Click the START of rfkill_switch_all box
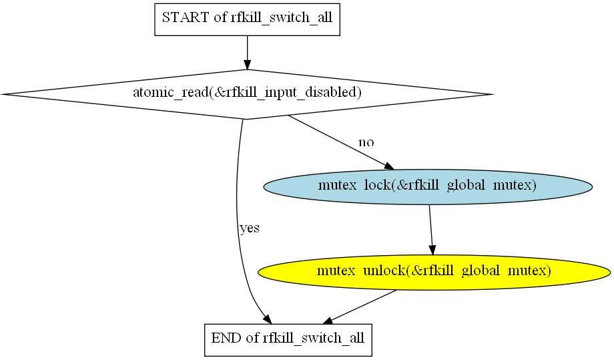click(247, 19)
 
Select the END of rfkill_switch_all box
click(288, 340)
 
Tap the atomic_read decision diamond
click(247, 94)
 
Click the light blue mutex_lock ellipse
click(428, 187)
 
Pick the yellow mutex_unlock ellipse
click(434, 273)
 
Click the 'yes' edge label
click(250, 228)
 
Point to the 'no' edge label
click(366, 142)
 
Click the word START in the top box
click(186, 17)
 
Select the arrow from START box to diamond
click(247, 53)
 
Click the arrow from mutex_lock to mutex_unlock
click(430, 230)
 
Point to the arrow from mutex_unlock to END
click(360, 307)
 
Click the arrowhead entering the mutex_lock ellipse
click(389, 166)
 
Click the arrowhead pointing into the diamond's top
click(247, 65)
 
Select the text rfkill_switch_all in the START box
click(282, 18)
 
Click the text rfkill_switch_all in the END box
click(314, 339)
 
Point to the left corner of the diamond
click(2, 94)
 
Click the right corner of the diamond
click(493, 94)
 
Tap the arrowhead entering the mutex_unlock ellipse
click(432, 250)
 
